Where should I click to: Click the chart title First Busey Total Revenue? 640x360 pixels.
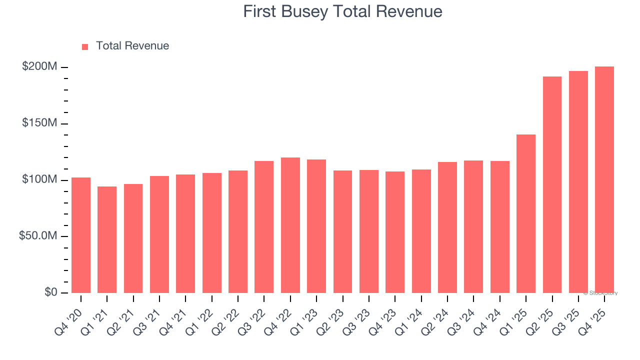point(342,11)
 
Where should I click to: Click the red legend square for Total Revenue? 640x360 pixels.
point(85,46)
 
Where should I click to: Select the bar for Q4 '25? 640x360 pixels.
point(604,180)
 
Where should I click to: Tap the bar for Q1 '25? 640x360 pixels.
point(526,213)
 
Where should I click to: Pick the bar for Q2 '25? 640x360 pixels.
point(552,185)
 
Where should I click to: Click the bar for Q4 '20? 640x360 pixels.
point(81,235)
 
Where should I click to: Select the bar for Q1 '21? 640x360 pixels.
point(107,239)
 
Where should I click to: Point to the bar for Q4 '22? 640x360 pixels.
point(290,225)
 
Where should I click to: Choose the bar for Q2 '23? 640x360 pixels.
point(342,231)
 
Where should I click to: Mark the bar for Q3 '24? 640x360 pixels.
point(473,226)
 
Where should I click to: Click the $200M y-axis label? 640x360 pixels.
point(39,67)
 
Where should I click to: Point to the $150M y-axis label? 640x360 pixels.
point(39,123)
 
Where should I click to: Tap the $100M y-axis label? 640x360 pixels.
point(39,179)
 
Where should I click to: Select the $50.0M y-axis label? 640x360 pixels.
point(38,236)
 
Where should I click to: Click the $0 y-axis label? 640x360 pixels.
point(51,292)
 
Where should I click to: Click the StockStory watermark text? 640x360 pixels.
point(600,293)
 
